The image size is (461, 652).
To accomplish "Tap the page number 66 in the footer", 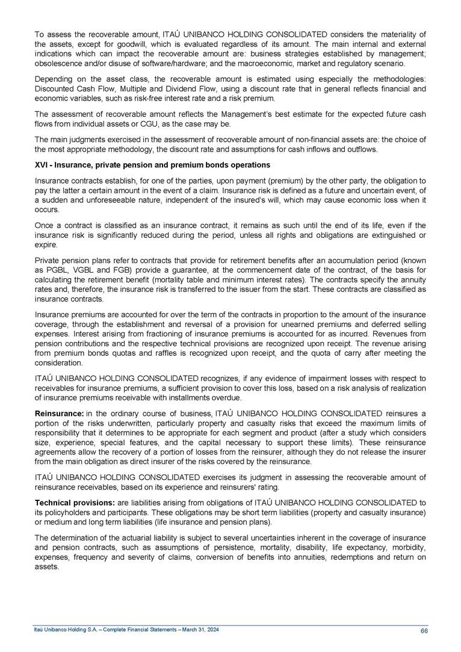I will click(424, 630).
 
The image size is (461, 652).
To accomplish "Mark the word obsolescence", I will click(58, 63).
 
